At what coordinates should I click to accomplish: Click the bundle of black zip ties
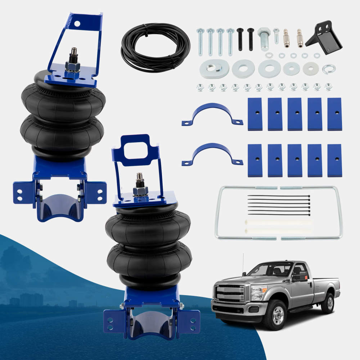pos(279,205)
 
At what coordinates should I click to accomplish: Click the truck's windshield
pos(270,269)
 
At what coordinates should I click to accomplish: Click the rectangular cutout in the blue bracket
pos(135,148)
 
